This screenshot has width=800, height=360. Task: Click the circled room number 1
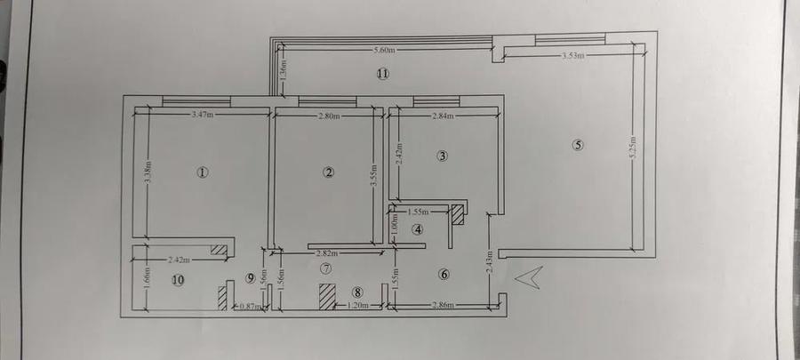[203, 172]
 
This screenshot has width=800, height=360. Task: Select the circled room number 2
[329, 172]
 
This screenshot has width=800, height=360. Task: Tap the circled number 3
[443, 156]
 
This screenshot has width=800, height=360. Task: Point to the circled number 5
[579, 146]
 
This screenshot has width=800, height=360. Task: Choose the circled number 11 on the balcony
[382, 75]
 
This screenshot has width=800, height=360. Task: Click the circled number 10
[178, 280]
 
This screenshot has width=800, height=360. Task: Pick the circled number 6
[444, 274]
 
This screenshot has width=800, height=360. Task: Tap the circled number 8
[357, 291]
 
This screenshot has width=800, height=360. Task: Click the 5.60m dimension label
[385, 49]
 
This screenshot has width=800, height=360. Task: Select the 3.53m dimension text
[574, 56]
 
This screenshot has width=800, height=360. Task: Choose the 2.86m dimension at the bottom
[444, 306]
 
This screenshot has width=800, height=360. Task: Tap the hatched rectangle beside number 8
[327, 296]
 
